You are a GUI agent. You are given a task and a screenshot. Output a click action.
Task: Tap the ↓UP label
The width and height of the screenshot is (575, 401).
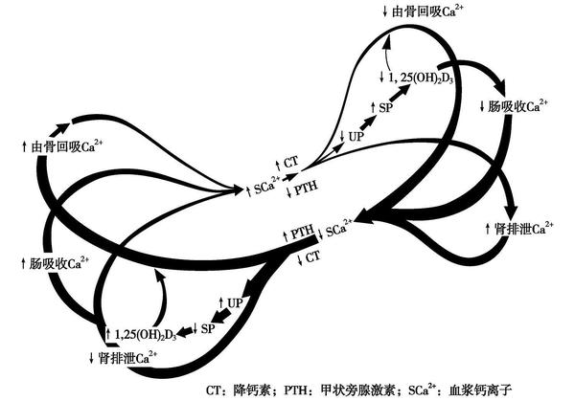click(x=353, y=136)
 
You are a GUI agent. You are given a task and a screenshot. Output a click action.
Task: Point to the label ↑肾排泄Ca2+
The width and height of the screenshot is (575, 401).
click(x=517, y=229)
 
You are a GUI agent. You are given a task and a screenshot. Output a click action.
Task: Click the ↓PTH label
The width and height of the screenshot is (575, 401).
click(x=301, y=189)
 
